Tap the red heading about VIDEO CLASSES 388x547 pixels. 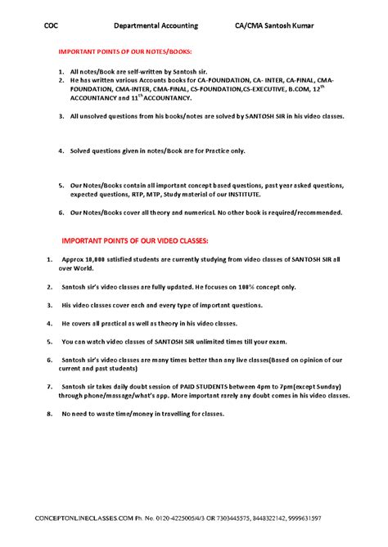[x=136, y=241]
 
